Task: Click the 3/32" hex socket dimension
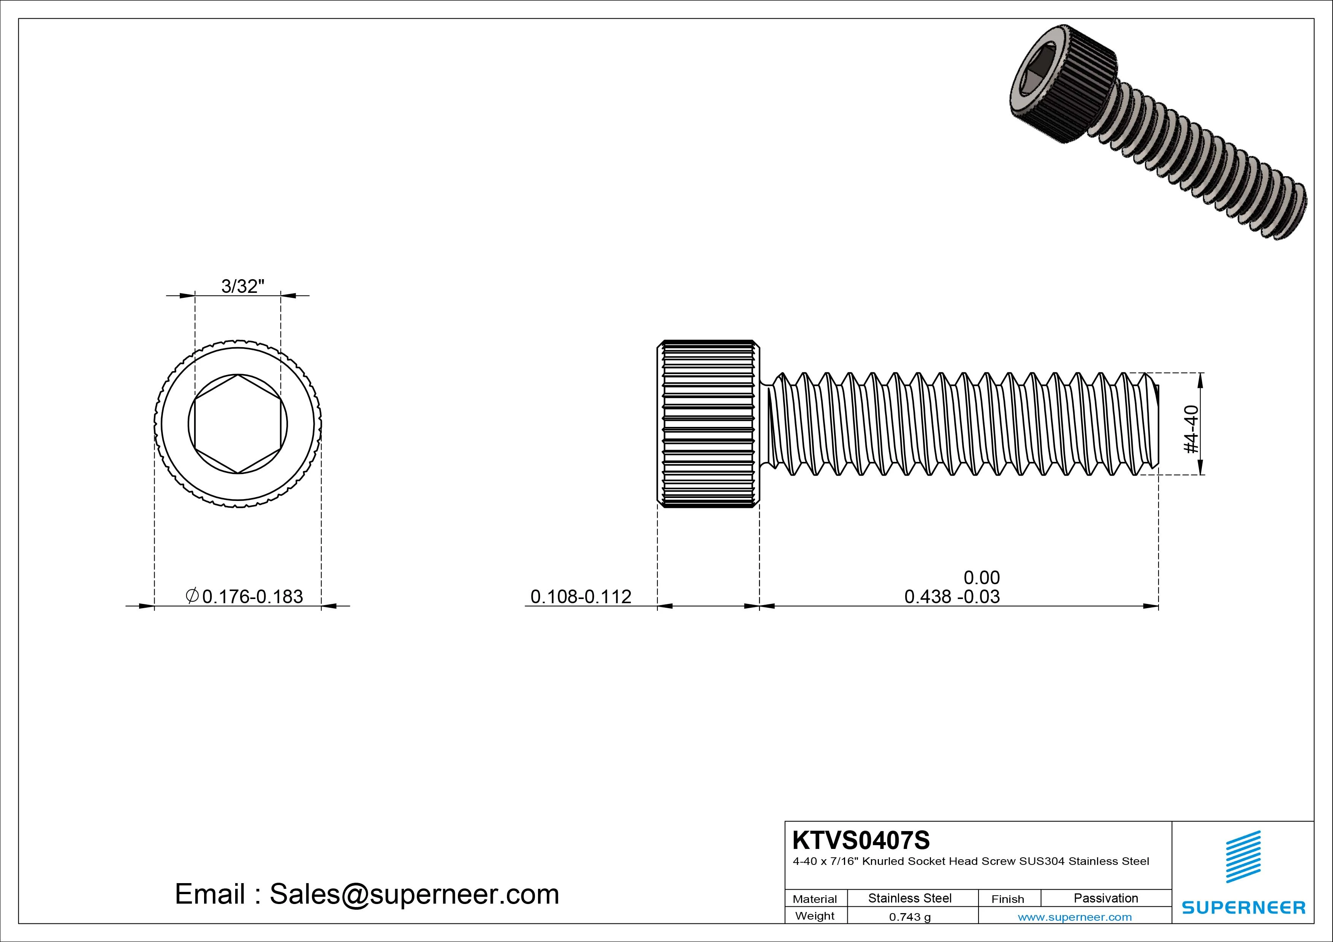click(243, 286)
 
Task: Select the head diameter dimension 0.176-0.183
click(252, 597)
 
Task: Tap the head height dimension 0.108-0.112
click(581, 597)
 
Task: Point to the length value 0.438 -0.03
click(952, 597)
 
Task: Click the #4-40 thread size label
click(1191, 430)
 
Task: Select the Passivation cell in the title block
click(1105, 898)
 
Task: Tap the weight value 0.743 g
click(910, 917)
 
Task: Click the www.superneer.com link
click(1075, 917)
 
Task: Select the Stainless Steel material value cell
click(910, 898)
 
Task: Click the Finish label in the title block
click(1007, 899)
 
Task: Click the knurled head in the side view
click(708, 424)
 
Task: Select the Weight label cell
click(815, 916)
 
